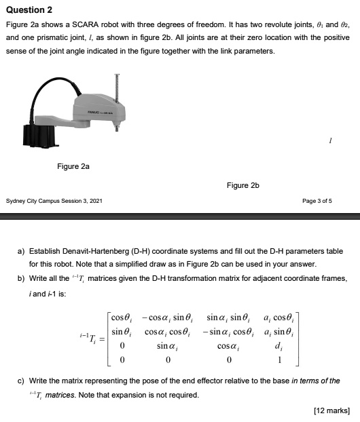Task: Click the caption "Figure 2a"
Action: coord(73,166)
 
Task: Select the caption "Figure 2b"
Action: coord(243,185)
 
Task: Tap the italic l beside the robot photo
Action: coord(329,138)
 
